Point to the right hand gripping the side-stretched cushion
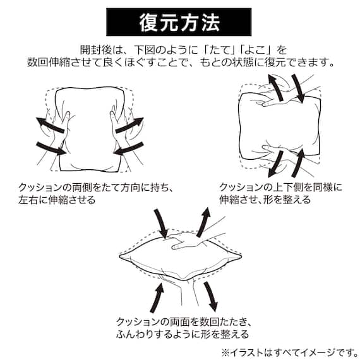pyautogui.click(x=120, y=129)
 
